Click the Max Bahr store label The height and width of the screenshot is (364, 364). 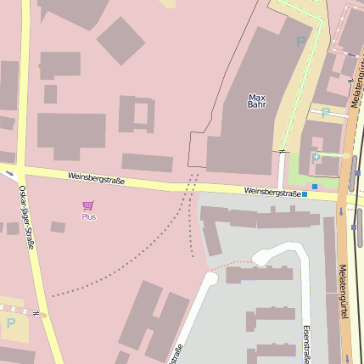tap(256, 101)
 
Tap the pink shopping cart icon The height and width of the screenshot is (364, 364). tap(87, 205)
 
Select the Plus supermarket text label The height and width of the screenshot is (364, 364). tap(88, 217)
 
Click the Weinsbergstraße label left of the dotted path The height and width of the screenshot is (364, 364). tap(100, 177)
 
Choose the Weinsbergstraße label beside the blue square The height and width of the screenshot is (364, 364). tap(272, 193)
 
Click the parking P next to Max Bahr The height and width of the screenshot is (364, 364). tap(300, 41)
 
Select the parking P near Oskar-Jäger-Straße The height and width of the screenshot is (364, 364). tap(11, 322)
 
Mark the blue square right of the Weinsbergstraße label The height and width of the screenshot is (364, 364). tap(305, 194)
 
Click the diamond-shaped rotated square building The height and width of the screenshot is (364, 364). tap(120, 40)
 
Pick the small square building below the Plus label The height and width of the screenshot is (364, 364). tap(58, 227)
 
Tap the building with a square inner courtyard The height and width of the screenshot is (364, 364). tap(137, 114)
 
